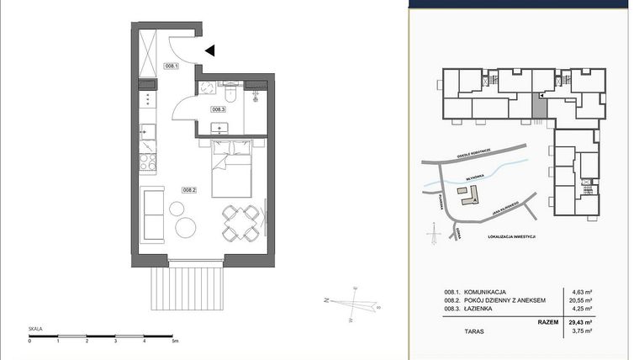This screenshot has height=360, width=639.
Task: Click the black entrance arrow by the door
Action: (x=210, y=50)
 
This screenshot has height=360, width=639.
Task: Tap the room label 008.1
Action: (x=171, y=66)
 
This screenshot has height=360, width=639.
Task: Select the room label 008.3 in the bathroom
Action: (x=218, y=109)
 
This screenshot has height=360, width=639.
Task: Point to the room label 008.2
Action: (x=189, y=190)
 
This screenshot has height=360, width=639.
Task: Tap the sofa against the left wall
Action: (x=154, y=214)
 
